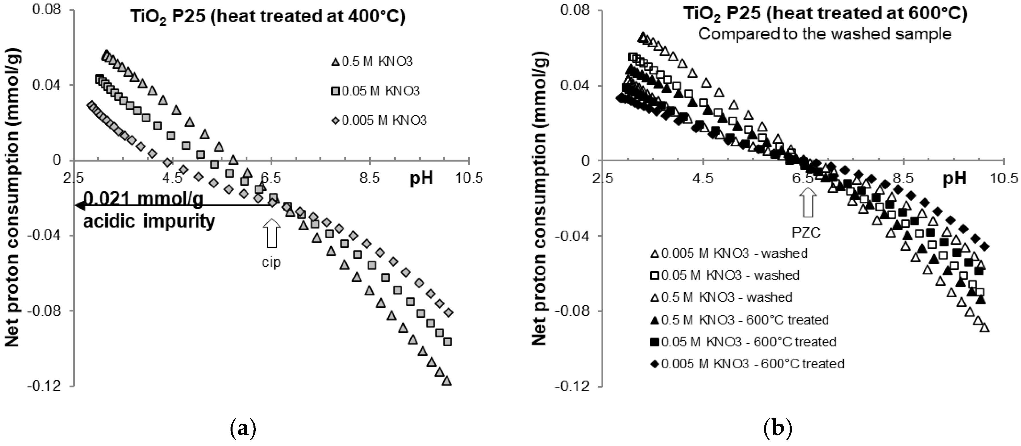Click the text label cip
tap(272, 262)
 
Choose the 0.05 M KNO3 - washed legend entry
tap(725, 275)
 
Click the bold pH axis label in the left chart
tap(421, 179)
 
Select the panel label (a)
tap(243, 429)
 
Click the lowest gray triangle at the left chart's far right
tap(447, 381)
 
